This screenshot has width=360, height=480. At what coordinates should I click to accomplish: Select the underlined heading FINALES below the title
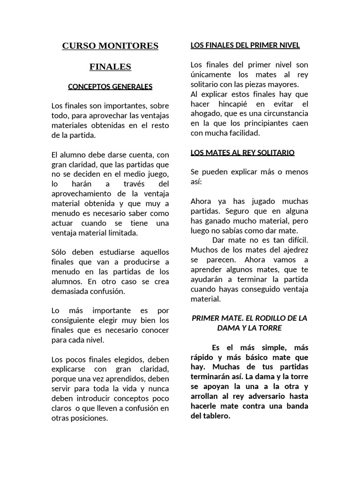(x=110, y=67)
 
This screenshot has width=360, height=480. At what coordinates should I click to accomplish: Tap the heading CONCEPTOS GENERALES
(x=110, y=87)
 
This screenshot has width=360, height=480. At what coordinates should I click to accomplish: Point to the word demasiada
(x=72, y=291)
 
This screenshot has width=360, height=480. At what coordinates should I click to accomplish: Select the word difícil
(x=292, y=240)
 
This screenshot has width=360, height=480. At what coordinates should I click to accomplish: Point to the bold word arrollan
(x=207, y=396)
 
